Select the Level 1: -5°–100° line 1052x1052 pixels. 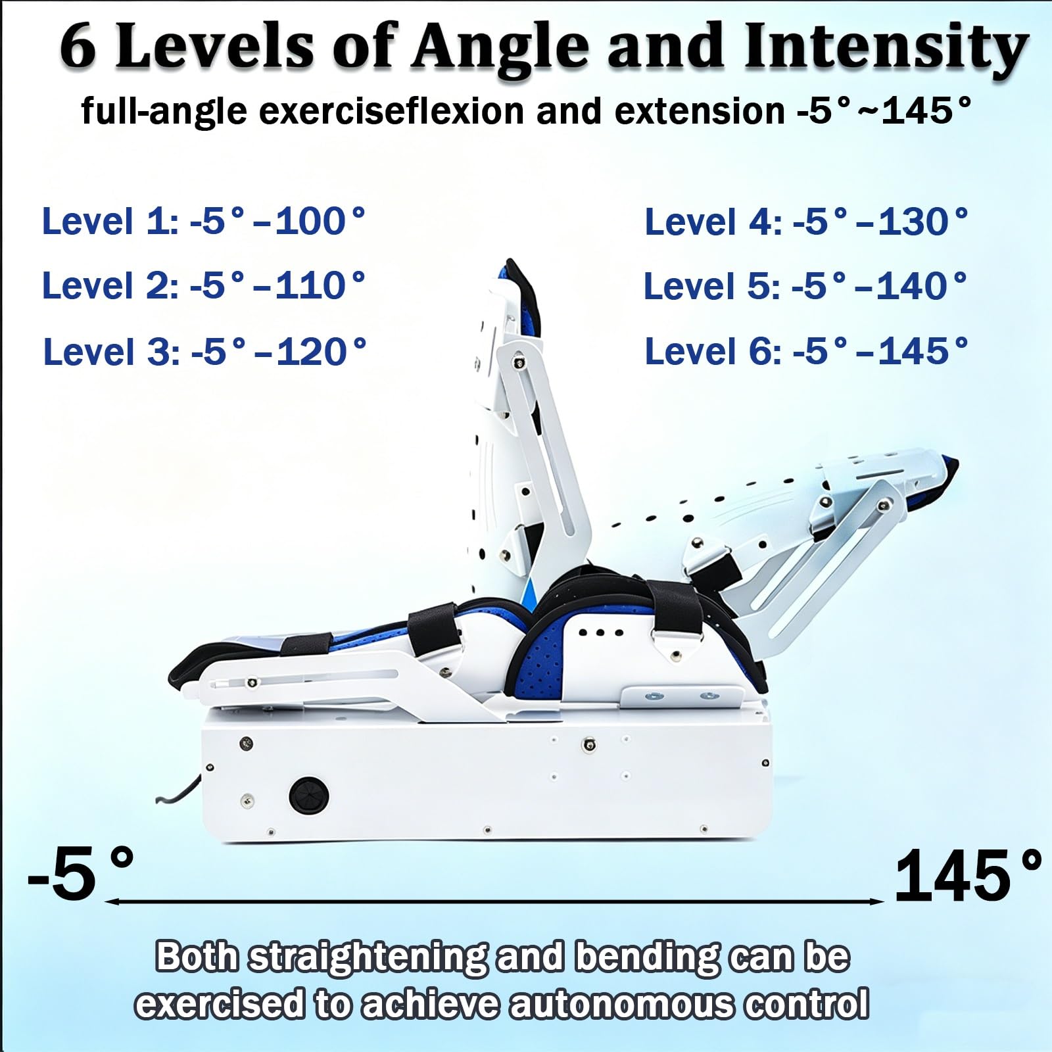[x=204, y=221]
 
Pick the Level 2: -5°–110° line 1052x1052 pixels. [x=204, y=285]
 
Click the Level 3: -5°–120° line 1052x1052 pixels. [x=205, y=352]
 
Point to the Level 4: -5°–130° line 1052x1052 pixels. [x=807, y=222]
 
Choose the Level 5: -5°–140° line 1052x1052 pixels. [x=806, y=286]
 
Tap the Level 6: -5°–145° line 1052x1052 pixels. [x=807, y=351]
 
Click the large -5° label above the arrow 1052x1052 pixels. [x=81, y=874]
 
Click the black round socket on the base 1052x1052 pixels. [x=309, y=796]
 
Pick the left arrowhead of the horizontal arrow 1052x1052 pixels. [x=110, y=901]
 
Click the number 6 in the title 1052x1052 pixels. [x=78, y=47]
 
